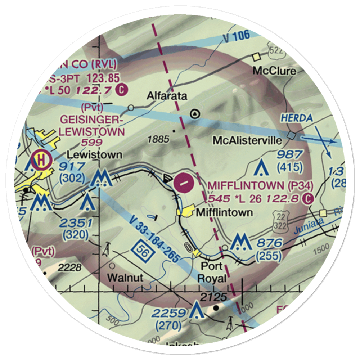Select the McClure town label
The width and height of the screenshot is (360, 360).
[274, 71]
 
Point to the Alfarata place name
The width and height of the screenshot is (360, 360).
[167, 96]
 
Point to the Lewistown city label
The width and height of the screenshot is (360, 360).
[94, 155]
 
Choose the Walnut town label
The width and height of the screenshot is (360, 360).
[125, 278]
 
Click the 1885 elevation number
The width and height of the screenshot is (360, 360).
[158, 139]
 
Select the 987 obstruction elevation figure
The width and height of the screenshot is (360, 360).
[290, 155]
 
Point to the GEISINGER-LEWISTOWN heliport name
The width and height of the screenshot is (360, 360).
[92, 125]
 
